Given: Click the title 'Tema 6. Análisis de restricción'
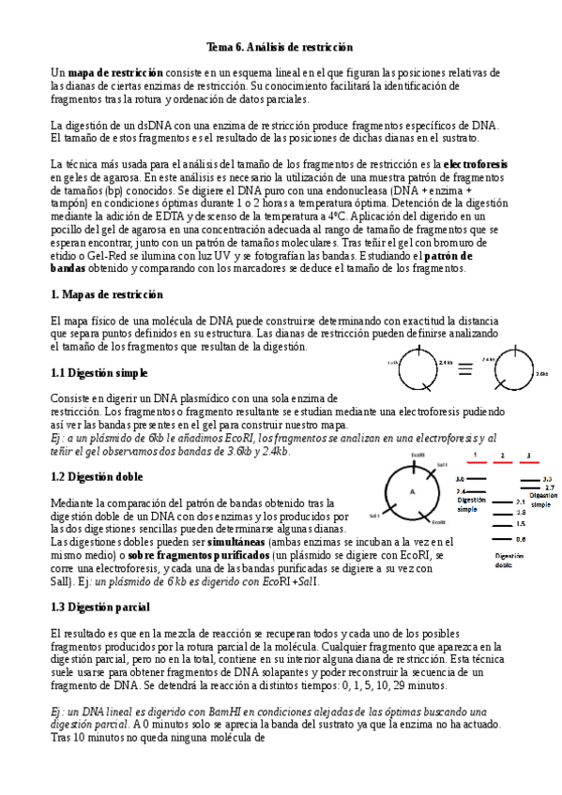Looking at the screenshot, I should tap(280, 47).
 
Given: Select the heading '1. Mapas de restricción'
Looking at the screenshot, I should tap(107, 295).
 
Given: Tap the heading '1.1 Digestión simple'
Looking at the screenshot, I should tap(99, 373).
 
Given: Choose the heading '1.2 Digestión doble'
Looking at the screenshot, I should tap(97, 477).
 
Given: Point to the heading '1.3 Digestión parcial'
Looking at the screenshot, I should tap(100, 607).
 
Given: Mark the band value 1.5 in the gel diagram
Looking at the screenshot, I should tap(521, 524).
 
